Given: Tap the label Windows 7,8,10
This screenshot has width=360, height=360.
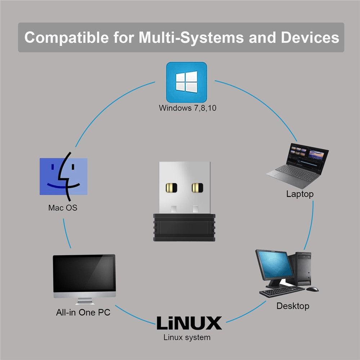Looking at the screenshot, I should pyautogui.click(x=188, y=108).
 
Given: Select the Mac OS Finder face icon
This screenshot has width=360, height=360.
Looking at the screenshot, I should pyautogui.click(x=64, y=176).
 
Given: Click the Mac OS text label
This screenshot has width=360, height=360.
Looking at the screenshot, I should pyautogui.click(x=63, y=208).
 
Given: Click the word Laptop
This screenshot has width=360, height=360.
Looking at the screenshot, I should pyautogui.click(x=300, y=194).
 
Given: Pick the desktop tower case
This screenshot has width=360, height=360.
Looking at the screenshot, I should pyautogui.click(x=303, y=269).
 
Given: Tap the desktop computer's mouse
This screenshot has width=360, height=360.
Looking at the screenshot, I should pyautogui.click(x=313, y=289).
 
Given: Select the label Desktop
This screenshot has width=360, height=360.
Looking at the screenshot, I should pyautogui.click(x=293, y=306).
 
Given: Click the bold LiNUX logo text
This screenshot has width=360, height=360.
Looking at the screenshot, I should pyautogui.click(x=189, y=323).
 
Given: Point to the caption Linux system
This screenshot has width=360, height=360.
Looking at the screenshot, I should pyautogui.click(x=187, y=338).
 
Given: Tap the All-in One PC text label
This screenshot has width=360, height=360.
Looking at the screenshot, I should pyautogui.click(x=83, y=312).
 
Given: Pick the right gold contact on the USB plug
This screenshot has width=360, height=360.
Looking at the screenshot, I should pyautogui.click(x=197, y=188).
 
